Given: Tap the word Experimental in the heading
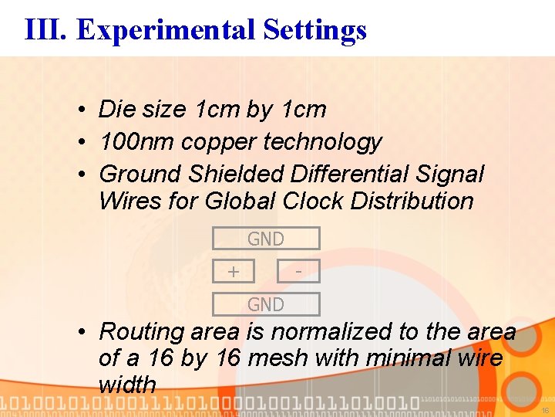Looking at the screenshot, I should coord(166,29).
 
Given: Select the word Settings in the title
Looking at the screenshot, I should coord(314,29).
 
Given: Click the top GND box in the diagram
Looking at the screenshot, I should coord(265,239).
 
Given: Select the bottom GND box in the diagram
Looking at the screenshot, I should coord(265,304).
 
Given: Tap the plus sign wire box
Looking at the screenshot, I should coord(233,271).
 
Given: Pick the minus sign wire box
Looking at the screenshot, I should coord(298,271).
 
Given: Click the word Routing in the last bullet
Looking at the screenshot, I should coord(142,332).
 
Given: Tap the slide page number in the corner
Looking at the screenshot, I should coord(545,411).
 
